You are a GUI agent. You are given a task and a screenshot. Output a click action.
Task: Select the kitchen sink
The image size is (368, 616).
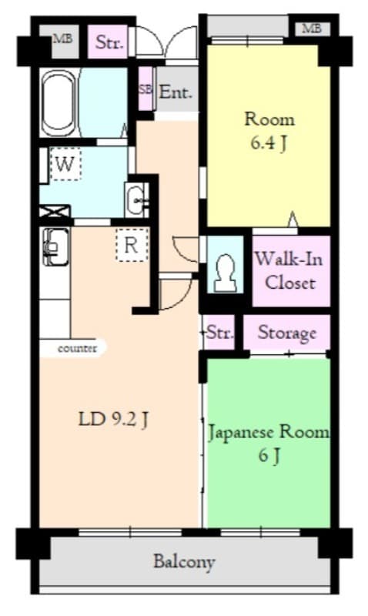(55, 245)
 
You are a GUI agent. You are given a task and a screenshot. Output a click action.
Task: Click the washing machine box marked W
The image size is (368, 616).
(66, 164)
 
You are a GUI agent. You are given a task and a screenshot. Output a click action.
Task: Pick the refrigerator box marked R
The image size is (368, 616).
(131, 246)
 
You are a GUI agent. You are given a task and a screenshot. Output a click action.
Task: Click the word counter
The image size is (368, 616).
(78, 349)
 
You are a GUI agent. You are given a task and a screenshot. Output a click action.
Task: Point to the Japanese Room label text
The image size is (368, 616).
(268, 432)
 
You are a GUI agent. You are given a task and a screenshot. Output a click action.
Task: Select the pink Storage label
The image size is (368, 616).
(286, 333)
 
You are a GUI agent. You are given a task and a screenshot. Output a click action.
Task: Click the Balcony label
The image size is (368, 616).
(183, 561)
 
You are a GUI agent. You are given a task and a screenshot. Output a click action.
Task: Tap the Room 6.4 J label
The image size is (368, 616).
(269, 131)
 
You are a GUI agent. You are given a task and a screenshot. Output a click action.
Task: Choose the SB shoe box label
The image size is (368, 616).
(145, 89)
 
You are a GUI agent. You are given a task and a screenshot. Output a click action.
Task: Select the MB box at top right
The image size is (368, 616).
(310, 28)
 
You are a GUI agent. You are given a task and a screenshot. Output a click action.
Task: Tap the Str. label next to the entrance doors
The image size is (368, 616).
(109, 42)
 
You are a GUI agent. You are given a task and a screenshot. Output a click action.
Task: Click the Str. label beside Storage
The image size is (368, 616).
(220, 333)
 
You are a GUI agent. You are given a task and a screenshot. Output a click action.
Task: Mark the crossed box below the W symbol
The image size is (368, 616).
(55, 211)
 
